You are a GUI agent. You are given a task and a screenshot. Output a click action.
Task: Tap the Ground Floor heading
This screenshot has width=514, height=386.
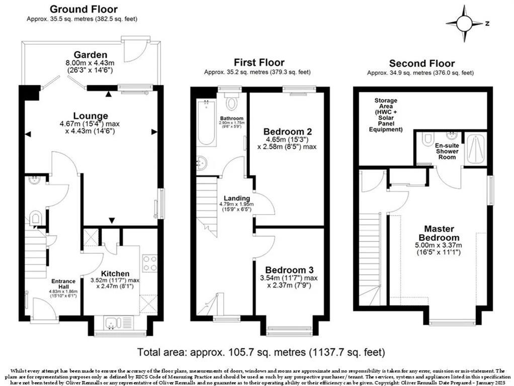(x=84, y=9)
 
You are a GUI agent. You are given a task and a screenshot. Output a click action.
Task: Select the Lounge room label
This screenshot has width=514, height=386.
(x=91, y=115)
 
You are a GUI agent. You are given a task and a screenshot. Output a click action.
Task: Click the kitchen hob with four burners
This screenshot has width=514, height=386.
(x=150, y=263)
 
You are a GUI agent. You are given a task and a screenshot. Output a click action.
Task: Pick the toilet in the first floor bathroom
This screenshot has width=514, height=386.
(x=232, y=103)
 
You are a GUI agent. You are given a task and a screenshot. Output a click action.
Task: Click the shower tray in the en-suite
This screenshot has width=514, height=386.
(x=475, y=149)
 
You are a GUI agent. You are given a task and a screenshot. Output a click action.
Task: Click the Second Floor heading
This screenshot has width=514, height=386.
(x=421, y=63)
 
